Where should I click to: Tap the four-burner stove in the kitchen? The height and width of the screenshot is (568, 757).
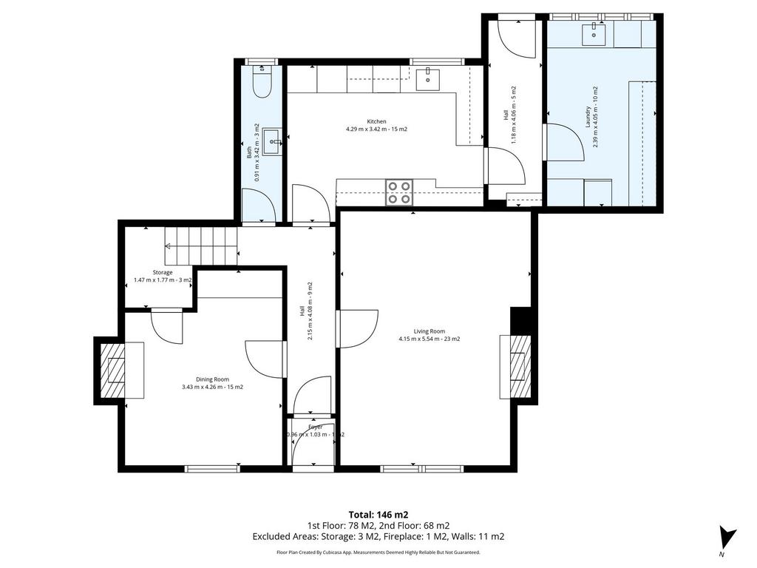(x=400, y=192)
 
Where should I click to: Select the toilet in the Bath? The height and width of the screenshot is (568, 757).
(x=262, y=82)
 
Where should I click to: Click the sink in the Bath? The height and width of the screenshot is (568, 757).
(x=271, y=141)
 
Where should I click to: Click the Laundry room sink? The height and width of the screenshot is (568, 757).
(x=594, y=33)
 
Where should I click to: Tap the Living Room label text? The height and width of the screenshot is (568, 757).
(x=429, y=335)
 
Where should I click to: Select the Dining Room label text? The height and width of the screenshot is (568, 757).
(x=212, y=382)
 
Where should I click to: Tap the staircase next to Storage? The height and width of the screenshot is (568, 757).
(x=200, y=245)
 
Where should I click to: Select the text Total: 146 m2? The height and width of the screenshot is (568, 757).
(x=378, y=515)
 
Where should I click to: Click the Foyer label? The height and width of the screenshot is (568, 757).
(x=316, y=427)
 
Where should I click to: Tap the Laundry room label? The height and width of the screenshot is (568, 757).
(x=594, y=117)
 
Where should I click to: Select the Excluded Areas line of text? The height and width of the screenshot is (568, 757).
(x=378, y=537)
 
